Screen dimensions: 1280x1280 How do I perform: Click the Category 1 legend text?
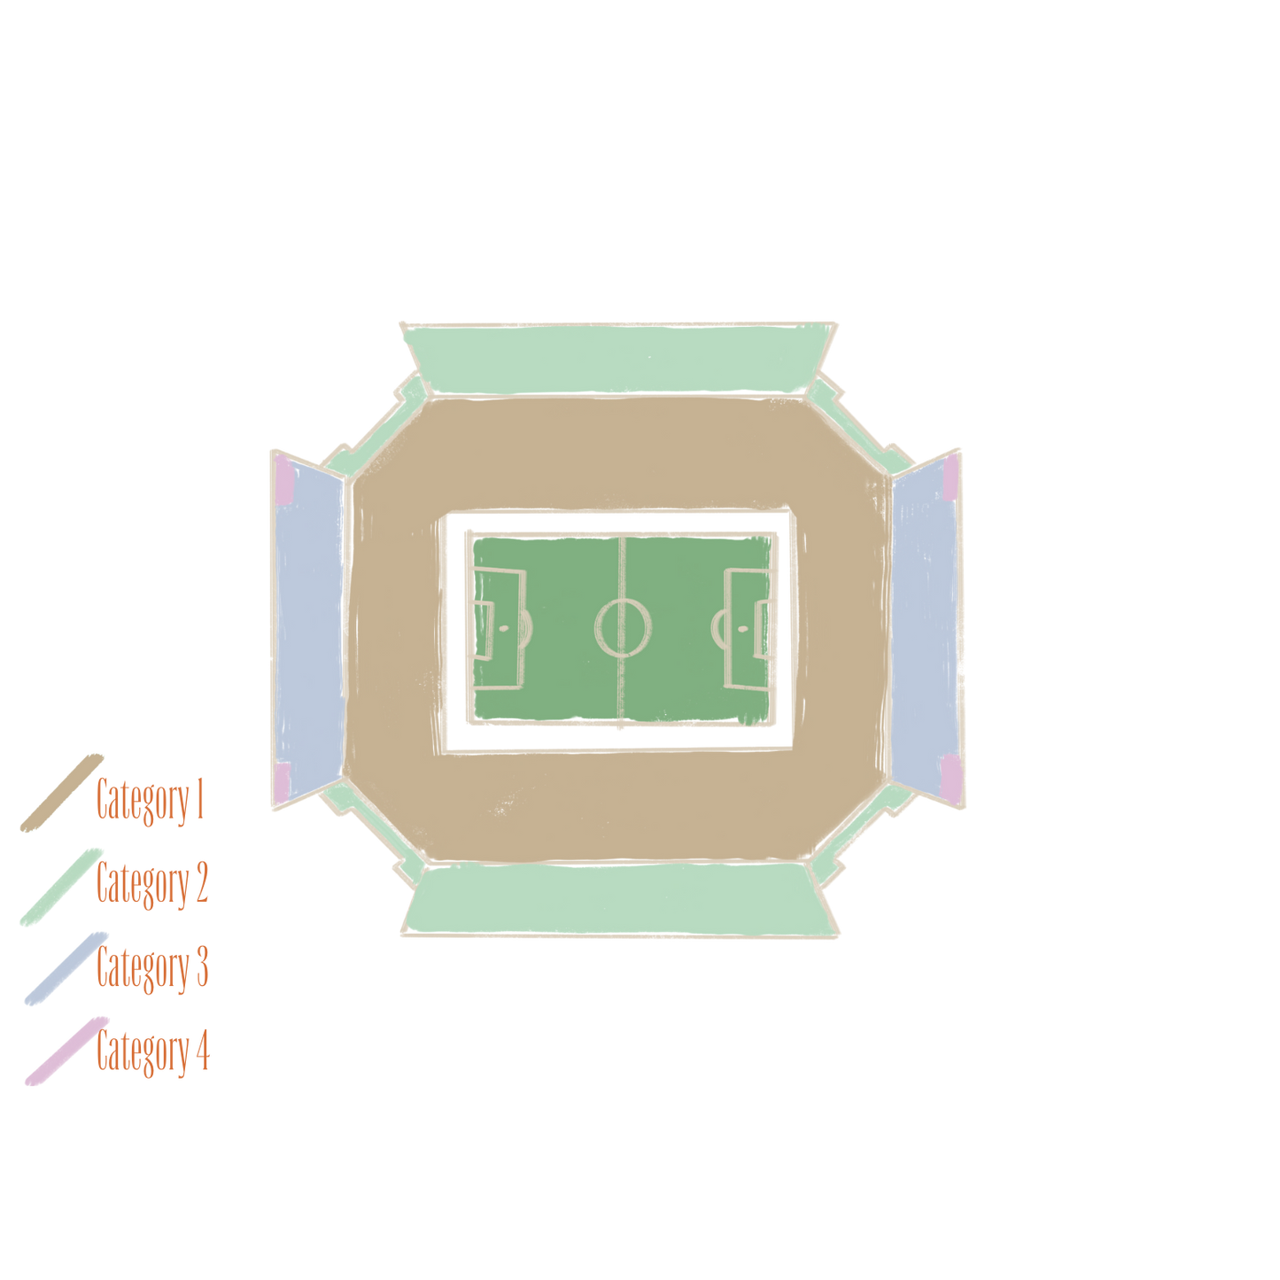[x=150, y=801]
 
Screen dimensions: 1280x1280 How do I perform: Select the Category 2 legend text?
[x=152, y=884]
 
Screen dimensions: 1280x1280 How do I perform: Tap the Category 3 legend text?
[x=152, y=967]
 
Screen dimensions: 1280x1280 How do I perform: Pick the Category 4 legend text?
[x=152, y=1051]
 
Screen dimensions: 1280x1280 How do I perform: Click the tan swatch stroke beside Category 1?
[x=62, y=793]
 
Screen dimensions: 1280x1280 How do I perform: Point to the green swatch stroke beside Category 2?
[x=61, y=887]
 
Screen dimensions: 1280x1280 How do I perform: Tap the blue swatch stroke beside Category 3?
[x=66, y=968]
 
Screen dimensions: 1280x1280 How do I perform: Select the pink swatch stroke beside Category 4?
[x=66, y=1051]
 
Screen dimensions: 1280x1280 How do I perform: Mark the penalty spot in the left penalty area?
[x=503, y=628]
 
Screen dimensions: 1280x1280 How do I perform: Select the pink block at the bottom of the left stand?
[x=282, y=781]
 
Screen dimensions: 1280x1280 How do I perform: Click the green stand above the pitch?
[x=618, y=359]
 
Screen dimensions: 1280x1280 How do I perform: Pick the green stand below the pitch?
[x=620, y=899]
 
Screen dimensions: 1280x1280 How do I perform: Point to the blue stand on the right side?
[x=926, y=629]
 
